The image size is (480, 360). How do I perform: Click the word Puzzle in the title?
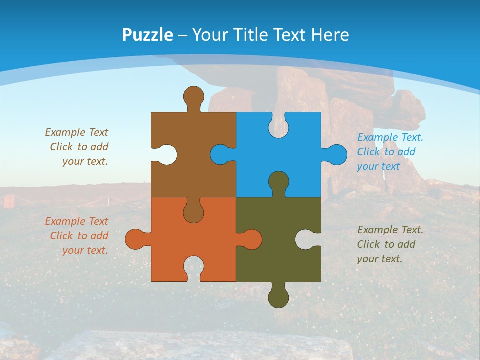coord(147,35)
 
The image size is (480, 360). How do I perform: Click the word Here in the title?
coord(330,35)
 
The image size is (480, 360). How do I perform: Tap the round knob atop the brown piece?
coord(193,97)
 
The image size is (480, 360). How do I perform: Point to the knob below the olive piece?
coord(278,297)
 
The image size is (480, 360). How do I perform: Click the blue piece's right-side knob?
coord(336,154)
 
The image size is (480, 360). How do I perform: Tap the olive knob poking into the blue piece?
coord(278,183)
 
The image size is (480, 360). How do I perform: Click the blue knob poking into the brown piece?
coord(221,154)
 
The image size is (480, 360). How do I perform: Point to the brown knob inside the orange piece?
coord(193,211)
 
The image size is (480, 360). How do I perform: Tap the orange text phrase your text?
coord(85,250)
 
